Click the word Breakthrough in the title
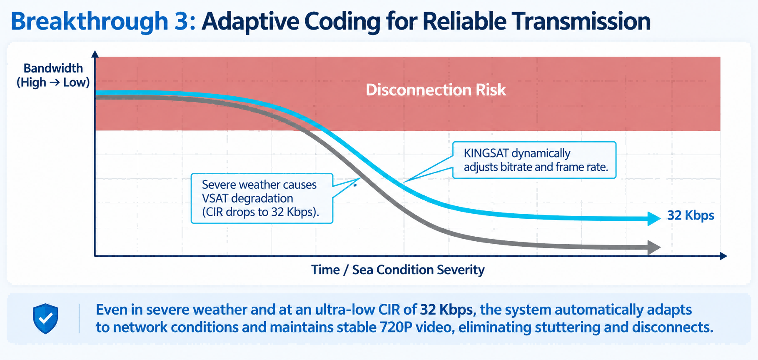tap(89, 22)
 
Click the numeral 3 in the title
tap(181, 21)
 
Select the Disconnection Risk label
tap(436, 90)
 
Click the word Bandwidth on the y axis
tap(53, 68)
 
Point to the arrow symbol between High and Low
tap(55, 82)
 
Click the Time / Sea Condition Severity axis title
tap(398, 270)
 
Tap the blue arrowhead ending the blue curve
tap(654, 218)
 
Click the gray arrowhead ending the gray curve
tap(654, 247)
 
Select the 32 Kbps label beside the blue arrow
tap(691, 215)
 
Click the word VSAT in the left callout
tap(215, 198)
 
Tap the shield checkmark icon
tap(45, 319)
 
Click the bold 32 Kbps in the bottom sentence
tap(446, 310)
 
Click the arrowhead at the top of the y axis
tap(95, 54)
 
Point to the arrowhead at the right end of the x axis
tap(723, 256)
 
